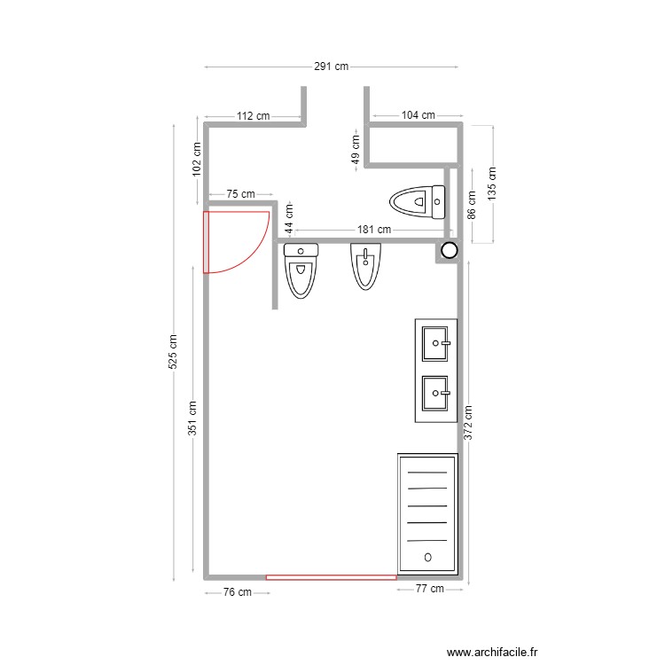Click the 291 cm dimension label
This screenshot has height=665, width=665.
point(331,66)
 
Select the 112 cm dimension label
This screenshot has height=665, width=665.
point(254,116)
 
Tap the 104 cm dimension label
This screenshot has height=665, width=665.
point(418,115)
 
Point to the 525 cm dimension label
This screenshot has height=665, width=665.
point(174,352)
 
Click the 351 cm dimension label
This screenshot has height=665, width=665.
point(192,419)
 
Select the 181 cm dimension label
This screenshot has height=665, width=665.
point(374,230)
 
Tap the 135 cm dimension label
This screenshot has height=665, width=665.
point(493,185)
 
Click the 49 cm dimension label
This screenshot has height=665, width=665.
point(356,147)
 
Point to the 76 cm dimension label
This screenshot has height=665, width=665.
point(235,592)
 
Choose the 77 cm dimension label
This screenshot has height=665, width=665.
point(429,590)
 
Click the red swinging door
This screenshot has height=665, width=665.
point(232,241)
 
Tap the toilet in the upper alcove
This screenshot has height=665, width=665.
point(418,201)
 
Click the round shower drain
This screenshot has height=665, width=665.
point(428,557)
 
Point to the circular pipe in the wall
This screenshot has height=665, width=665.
point(450,251)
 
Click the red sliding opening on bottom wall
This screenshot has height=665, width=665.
point(331,577)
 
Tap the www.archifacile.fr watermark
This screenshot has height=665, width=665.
point(492,652)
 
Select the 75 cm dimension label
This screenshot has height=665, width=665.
point(240,193)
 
